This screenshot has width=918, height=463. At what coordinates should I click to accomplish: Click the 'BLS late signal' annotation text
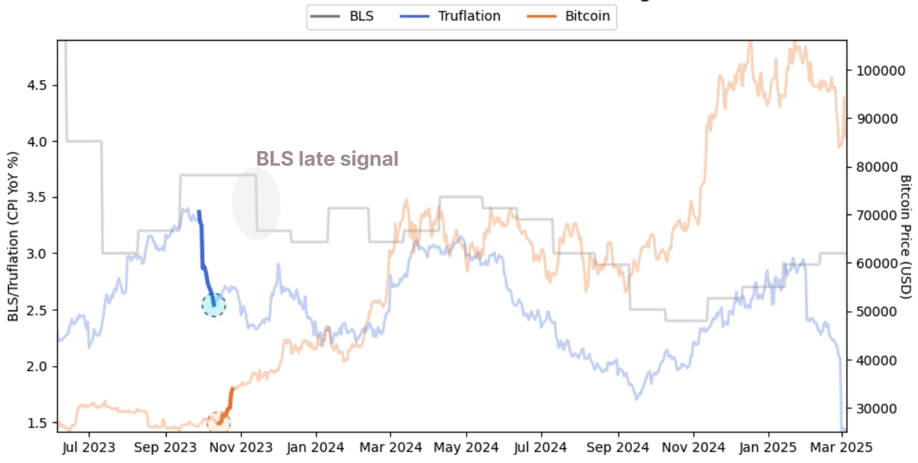point(328,159)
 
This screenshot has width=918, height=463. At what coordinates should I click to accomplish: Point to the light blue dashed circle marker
point(214,305)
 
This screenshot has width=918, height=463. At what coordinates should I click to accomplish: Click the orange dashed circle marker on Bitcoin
point(218,422)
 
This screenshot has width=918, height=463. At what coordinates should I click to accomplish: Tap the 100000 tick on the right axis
point(877,71)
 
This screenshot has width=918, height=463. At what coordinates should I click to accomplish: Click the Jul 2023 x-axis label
point(88,447)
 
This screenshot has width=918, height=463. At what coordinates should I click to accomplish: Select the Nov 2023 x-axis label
point(242,447)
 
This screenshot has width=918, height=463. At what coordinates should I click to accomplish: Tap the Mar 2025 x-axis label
point(846,447)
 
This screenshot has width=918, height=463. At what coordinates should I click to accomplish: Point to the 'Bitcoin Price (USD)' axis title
point(905,237)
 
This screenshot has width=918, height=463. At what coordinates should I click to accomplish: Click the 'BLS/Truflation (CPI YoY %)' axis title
point(13,237)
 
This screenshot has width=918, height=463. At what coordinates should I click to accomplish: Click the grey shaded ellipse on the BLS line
point(256,204)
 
